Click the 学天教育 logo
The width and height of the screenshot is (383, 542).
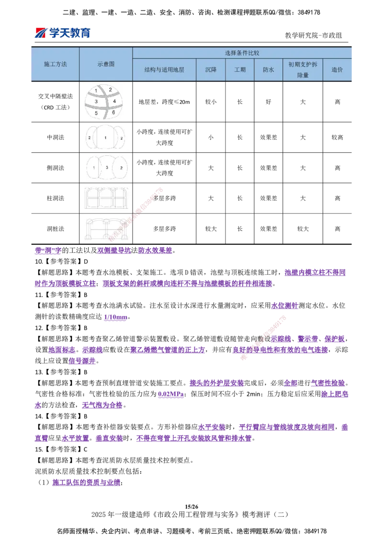pos(63,33)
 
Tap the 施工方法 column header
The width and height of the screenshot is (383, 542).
pos(56,64)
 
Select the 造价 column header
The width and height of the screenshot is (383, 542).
pos(337,69)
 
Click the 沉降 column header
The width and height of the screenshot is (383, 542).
pos(211,69)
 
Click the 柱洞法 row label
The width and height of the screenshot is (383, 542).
pos(56,198)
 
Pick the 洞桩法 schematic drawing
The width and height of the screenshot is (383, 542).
pos(106,229)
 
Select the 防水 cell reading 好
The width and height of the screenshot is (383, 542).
pos(269,102)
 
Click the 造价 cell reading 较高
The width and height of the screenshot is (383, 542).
pos(338,137)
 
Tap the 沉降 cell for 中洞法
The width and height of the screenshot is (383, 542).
pos(211,137)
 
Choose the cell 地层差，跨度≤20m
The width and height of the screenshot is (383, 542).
pos(164,102)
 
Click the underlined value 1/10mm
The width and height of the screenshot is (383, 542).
pos(116,317)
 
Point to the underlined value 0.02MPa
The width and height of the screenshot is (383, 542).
pos(171,394)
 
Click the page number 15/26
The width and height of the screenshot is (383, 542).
pos(191,507)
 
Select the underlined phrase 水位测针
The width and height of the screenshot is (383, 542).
pos(284,305)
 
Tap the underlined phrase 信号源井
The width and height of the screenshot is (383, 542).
pos(82,361)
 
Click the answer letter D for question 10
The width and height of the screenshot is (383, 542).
pos(86,261)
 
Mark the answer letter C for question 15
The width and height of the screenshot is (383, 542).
pos(85,450)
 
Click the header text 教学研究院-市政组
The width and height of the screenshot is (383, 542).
pos(313,35)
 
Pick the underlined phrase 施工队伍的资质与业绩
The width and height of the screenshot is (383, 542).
pos(86,483)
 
